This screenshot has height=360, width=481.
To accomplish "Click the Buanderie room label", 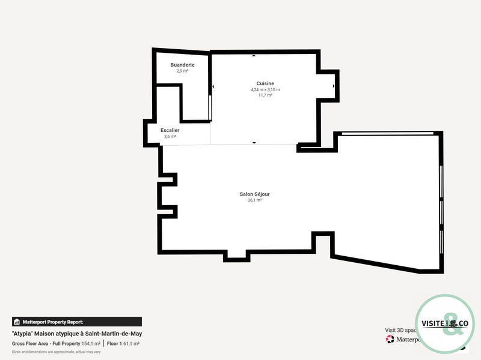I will [182, 65].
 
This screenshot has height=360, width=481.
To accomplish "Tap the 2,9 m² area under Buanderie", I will [182, 71].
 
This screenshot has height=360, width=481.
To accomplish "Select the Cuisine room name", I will [265, 83].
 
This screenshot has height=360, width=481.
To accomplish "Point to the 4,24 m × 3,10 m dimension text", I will [265, 89].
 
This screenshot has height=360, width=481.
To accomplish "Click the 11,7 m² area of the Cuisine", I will [265, 95].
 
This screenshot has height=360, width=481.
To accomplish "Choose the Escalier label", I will [170, 130].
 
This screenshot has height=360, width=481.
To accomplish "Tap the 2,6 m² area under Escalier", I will [170, 136].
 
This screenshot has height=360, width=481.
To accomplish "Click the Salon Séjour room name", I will [254, 194].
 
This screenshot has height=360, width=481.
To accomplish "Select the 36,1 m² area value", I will [254, 200].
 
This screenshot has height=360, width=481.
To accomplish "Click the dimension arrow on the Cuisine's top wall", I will [254, 56].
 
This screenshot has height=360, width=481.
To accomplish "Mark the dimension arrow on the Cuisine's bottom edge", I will [254, 143].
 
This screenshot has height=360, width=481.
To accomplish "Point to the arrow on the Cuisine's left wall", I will [213, 86].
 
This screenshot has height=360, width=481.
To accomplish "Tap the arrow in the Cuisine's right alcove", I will [334, 86].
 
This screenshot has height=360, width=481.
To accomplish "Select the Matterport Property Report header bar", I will [76, 322].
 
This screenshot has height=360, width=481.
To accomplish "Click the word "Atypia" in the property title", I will [22, 334].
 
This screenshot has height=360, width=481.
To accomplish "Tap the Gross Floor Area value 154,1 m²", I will [91, 344].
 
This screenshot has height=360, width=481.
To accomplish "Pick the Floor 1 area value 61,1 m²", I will [131, 344].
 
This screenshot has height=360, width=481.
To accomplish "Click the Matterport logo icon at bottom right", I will [390, 339].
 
